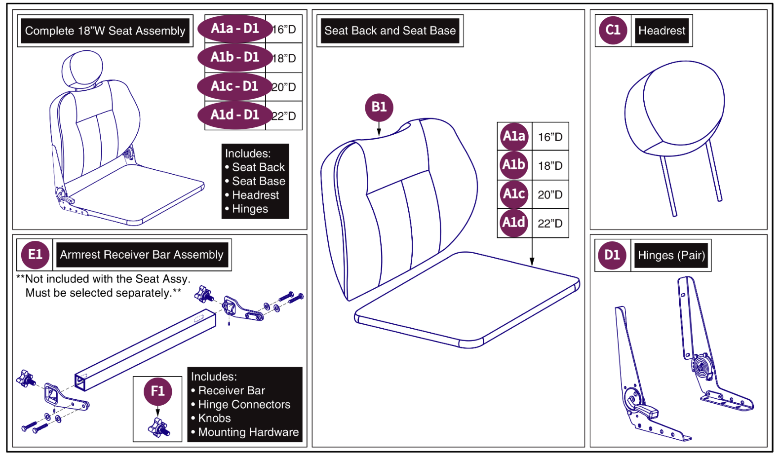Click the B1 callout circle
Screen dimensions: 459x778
379,107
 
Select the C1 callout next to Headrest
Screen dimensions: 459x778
613,30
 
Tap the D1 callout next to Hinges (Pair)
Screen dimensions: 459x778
612,255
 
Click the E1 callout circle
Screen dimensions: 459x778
35,255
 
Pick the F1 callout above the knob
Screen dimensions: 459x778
157,391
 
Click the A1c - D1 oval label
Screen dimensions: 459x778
234,86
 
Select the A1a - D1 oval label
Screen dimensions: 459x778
235,29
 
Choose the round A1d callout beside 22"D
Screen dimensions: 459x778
513,223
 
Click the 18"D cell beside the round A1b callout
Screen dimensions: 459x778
550,166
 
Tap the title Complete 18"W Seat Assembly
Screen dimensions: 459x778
105,31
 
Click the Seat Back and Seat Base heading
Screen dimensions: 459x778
389,31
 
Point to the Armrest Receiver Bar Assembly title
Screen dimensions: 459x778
142,255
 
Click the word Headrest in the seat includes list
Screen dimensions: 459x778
255,195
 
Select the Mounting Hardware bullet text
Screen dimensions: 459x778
248,432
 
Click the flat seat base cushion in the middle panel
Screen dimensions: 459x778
467,299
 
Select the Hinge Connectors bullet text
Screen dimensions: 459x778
244,405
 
